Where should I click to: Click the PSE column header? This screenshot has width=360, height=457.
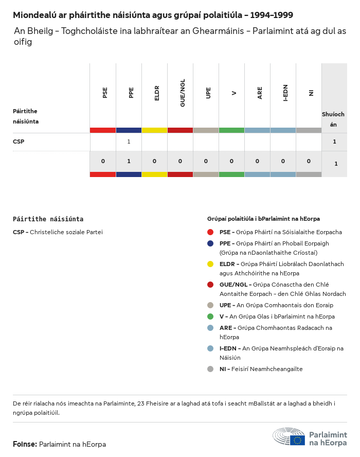pos(105,93)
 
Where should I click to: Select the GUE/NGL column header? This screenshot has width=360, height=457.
pos(183,93)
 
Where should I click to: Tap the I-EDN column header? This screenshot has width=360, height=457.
pos(285,93)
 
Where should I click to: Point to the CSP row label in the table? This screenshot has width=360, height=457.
pos(19,142)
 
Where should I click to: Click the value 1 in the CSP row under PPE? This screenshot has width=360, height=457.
pos(129,142)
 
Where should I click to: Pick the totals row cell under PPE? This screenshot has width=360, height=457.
pos(129,161)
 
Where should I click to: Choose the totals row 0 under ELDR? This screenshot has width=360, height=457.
pos(154,161)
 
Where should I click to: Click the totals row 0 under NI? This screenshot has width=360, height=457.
pos(309,161)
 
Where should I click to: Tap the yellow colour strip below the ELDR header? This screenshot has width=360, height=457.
pos(154,130)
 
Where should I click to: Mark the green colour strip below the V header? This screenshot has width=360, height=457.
pos(231,130)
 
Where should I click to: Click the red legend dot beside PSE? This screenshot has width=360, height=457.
pos(210,232)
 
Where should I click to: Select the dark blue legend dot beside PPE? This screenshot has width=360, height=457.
pos(210,243)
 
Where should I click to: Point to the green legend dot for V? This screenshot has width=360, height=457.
pos(210,317)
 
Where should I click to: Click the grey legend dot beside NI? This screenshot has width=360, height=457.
pos(210,369)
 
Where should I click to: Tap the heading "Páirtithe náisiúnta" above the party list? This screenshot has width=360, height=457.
pos(48,219)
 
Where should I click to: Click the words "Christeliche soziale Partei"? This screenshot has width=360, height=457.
pos(66,232)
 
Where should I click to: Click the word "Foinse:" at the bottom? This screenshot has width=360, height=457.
pos(25,444)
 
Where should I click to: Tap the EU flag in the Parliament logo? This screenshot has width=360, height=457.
pos(297,440)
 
